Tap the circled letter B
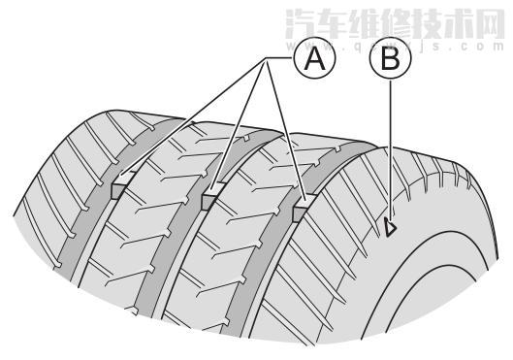point(390,62)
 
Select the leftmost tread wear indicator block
point(119,188)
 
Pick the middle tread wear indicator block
point(210,200)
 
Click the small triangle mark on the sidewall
point(390,227)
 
